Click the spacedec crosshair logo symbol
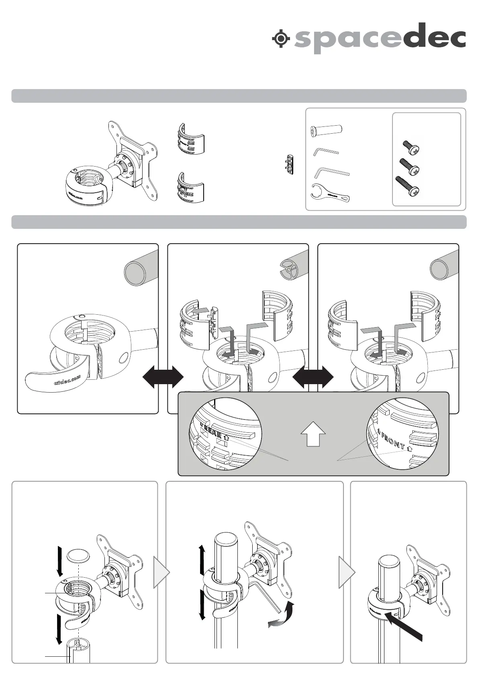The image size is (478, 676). pyautogui.click(x=281, y=39)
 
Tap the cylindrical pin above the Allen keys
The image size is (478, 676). pyautogui.click(x=326, y=130)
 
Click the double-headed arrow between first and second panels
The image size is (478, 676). pyautogui.click(x=163, y=377)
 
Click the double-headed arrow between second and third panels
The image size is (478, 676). pyautogui.click(x=313, y=377)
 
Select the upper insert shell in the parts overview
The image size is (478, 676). pyautogui.click(x=190, y=140)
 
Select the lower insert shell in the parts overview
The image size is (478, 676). pyautogui.click(x=190, y=187)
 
